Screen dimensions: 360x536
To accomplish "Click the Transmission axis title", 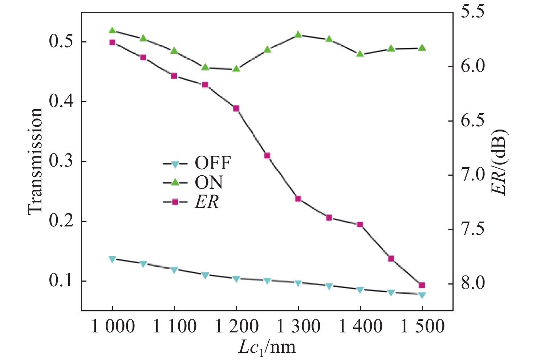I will [35, 161].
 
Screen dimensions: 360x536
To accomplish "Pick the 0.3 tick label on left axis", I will [61, 161].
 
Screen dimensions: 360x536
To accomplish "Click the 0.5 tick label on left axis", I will [61, 42].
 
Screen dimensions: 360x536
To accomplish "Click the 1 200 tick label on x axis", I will [237, 327].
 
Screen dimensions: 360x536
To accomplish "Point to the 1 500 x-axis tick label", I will [422, 327].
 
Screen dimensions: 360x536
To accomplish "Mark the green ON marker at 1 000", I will [112, 30].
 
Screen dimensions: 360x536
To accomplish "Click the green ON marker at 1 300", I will [298, 34].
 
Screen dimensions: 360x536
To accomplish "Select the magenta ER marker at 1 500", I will [422, 285].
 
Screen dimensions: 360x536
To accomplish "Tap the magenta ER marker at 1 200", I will [236, 108].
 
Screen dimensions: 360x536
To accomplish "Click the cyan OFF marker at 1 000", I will [112, 259].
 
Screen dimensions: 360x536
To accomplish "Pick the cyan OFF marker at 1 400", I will [360, 290].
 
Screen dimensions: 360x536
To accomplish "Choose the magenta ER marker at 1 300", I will [298, 199].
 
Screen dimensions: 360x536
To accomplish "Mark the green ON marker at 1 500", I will [422, 48].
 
